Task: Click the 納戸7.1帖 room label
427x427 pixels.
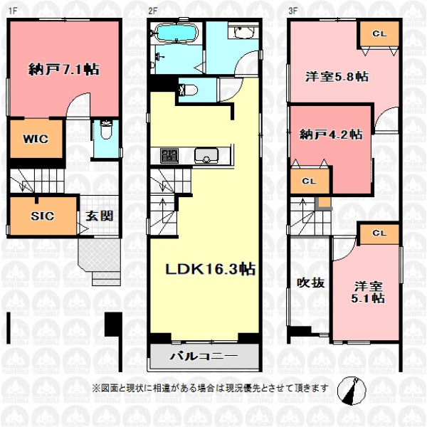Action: click(x=64, y=70)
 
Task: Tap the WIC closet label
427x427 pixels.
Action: click(x=36, y=139)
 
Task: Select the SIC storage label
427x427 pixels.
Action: click(x=42, y=216)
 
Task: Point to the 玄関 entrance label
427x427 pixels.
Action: click(x=100, y=216)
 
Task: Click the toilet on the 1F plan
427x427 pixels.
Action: click(x=106, y=130)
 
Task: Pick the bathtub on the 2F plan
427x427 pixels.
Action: click(x=176, y=33)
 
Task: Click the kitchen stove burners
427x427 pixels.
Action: click(x=169, y=155)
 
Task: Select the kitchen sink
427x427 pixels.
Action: click(x=206, y=155)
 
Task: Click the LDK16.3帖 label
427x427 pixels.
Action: click(x=211, y=269)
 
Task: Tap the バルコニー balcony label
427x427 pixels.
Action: click(x=204, y=356)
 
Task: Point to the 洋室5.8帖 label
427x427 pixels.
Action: click(x=337, y=77)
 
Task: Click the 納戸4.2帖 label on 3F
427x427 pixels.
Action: click(x=331, y=135)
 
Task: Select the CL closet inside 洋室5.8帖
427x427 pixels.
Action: click(x=379, y=33)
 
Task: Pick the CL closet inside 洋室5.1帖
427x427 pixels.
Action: click(x=379, y=233)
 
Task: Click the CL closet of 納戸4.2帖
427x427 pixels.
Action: click(x=310, y=181)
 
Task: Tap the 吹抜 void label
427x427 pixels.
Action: click(x=311, y=283)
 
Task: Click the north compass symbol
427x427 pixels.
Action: click(x=352, y=391)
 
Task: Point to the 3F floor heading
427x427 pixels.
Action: click(x=292, y=11)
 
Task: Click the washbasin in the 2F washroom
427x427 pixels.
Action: click(x=243, y=32)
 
